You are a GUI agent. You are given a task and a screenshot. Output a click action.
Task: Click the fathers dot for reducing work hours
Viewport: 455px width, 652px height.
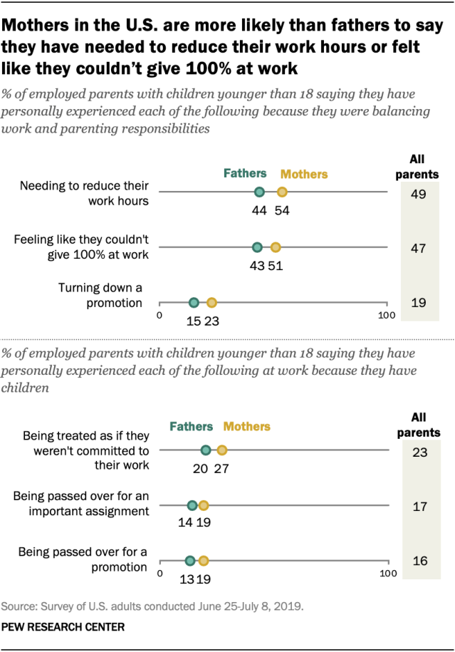[x=259, y=192]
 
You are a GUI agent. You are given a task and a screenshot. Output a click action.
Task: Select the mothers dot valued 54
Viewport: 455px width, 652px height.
[x=282, y=192]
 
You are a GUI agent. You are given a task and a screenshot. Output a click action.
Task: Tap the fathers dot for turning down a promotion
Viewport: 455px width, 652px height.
[x=194, y=303]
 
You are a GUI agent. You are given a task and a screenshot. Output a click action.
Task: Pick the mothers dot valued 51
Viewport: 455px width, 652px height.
[x=276, y=248]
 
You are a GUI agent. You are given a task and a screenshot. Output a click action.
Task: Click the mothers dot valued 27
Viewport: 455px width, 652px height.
[x=222, y=450]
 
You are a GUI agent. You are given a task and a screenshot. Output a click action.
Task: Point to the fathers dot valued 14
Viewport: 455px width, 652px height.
[x=192, y=505]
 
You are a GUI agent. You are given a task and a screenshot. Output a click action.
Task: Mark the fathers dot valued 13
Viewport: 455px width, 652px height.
[x=189, y=561]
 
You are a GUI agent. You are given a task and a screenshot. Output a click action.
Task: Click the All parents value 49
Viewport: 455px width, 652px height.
[x=419, y=193]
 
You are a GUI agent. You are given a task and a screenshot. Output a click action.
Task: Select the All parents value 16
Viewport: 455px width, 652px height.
[x=419, y=561]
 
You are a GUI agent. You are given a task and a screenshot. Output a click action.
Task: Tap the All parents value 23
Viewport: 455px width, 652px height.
[x=419, y=451]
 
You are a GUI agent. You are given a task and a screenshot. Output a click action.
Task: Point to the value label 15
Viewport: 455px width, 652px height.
[x=193, y=321]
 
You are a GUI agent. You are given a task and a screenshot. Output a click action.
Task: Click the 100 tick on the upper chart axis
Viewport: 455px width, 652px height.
[x=386, y=315]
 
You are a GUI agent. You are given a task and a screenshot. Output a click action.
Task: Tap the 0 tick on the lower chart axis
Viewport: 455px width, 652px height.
[x=159, y=573]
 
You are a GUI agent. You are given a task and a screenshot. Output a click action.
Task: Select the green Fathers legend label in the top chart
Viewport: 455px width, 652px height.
[x=245, y=173]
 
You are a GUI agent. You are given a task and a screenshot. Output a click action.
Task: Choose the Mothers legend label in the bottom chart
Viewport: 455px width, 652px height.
[x=247, y=427]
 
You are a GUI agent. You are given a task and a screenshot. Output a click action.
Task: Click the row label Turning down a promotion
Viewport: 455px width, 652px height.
[x=100, y=295]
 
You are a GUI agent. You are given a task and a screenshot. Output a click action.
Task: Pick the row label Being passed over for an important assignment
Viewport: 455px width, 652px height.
[x=85, y=504]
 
